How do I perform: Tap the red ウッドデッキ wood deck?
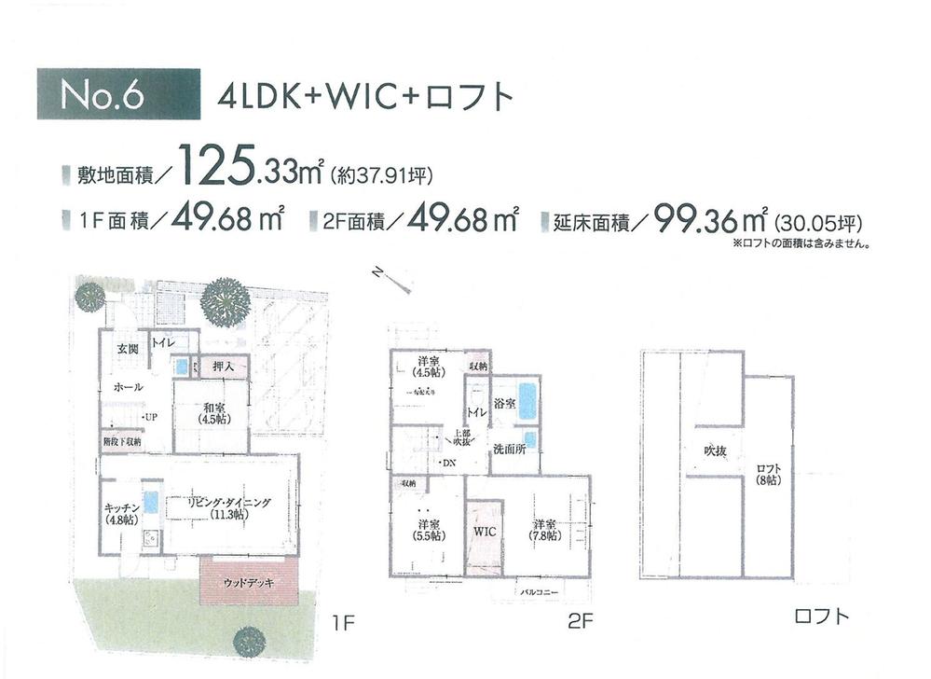point(248,583)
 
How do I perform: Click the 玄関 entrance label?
point(127,350)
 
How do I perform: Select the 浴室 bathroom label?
point(504,405)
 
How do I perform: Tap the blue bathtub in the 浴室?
point(527,401)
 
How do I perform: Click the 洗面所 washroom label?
point(509,449)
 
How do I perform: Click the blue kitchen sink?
point(151,502)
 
